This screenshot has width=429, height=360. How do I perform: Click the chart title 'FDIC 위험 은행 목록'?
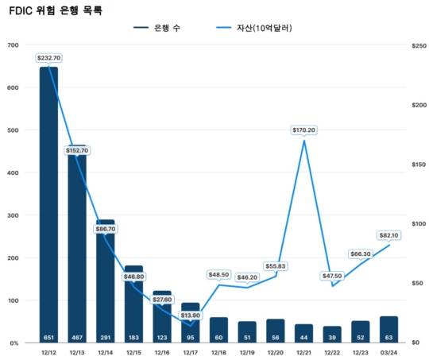click(56, 11)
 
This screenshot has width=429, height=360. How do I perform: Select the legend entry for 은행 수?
click(157, 28)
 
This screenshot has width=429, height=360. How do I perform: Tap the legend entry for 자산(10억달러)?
click(254, 28)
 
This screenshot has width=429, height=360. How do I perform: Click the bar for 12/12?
click(48, 205)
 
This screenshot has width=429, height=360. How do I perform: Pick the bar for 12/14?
click(106, 281)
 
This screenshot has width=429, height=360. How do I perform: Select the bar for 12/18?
click(218, 330)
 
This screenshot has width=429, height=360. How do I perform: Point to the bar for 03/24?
click(388, 329)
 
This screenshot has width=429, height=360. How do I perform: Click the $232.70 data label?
click(49, 58)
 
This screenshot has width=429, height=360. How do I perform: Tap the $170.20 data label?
click(303, 130)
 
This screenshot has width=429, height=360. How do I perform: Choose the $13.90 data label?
click(191, 315)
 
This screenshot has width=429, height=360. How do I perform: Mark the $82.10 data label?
click(388, 235)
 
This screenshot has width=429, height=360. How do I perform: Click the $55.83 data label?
click(276, 266)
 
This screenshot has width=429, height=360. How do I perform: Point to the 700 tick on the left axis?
click(14, 45)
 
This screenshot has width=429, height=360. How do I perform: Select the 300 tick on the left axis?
click(14, 215)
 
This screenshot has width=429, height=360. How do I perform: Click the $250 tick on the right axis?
click(419, 46)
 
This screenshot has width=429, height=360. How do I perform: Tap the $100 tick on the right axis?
click(419, 224)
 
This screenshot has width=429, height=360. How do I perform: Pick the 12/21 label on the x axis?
click(303, 353)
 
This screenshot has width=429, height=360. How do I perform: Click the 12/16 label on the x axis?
click(162, 353)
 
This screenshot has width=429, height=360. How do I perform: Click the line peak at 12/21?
click(304, 141)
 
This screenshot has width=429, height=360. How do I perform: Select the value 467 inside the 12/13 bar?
click(77, 338)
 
